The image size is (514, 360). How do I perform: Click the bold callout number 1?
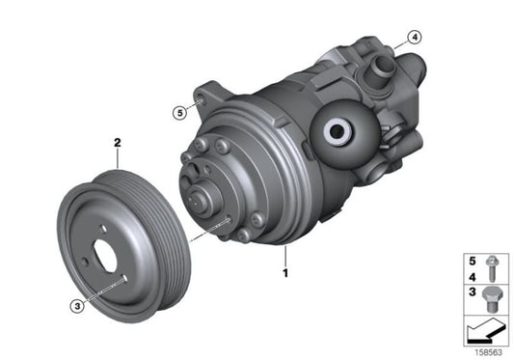(284, 274)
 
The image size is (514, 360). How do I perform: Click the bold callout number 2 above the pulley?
(118, 143)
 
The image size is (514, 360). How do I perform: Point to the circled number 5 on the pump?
(178, 112)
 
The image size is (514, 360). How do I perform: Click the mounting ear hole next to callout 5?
(200, 99)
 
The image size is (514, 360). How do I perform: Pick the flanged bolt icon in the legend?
(492, 265)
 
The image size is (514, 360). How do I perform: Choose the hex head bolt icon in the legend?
(492, 293)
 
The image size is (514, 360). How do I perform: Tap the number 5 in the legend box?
(472, 259)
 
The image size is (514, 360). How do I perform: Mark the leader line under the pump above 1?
(284, 256)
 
